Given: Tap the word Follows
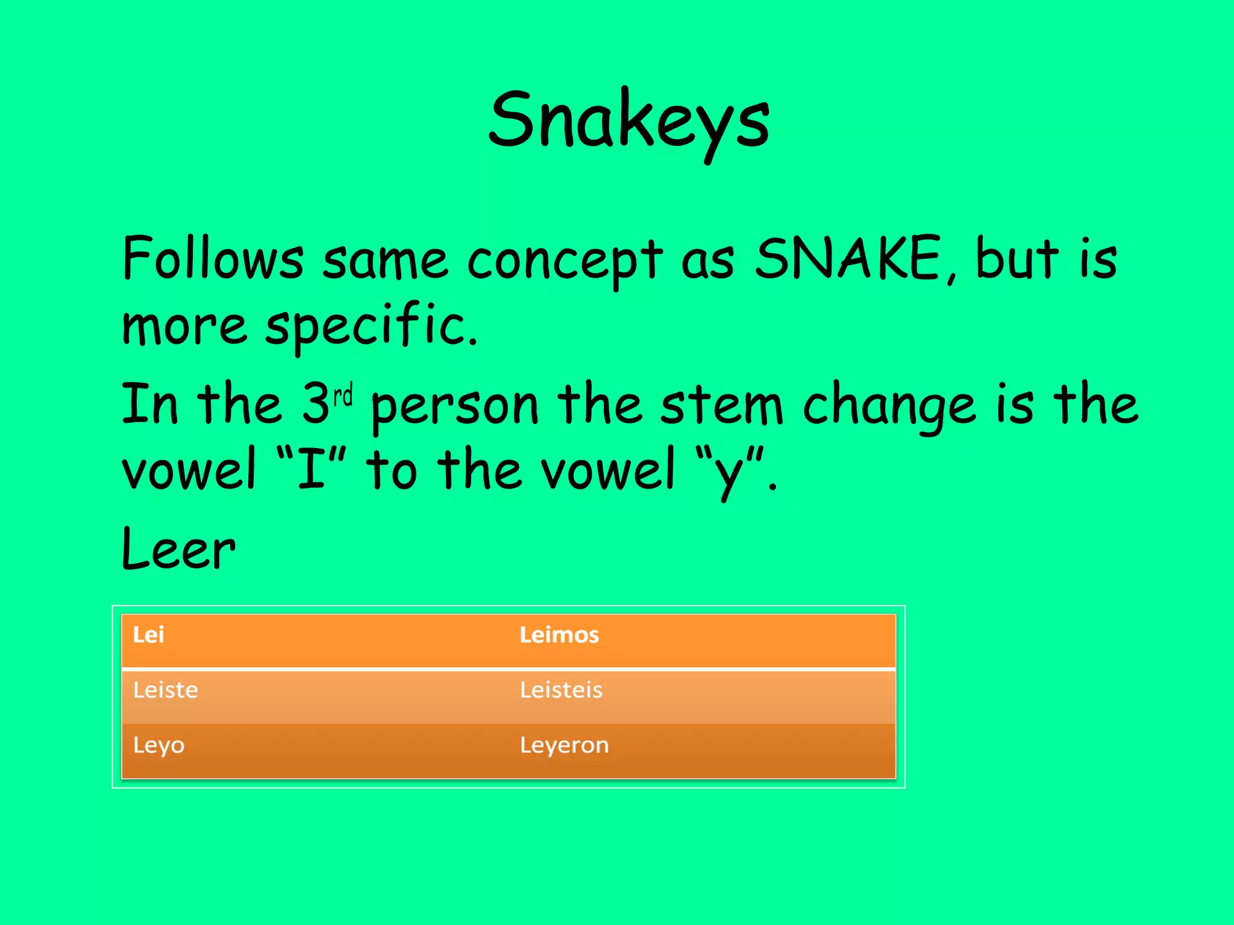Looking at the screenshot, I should pos(213,259).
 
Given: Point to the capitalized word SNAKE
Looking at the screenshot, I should pos(847,259).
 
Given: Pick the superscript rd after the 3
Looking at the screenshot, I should pos(343,396).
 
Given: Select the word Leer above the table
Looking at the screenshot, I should pos(178,549).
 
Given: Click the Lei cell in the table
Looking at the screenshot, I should pos(148,635).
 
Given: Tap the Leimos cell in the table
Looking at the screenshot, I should pos(559,635).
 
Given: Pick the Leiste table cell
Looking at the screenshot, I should pos(166,690).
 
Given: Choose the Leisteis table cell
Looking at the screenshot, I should pos(561,690).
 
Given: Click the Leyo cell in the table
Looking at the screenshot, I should pos(159,746).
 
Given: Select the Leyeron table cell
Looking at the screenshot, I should pos(564,746).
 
